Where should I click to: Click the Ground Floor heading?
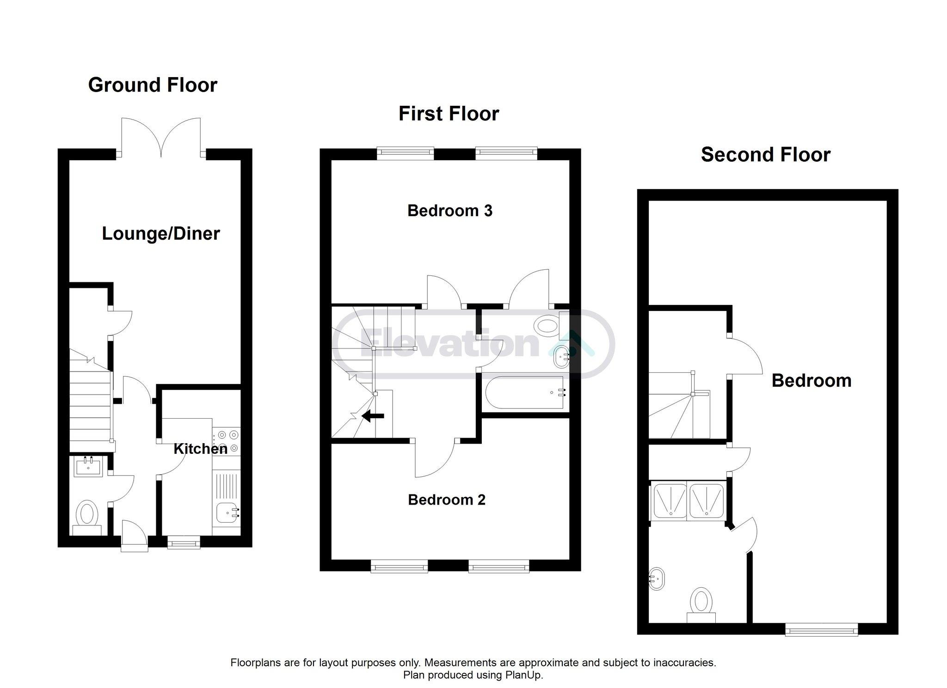point(153,85)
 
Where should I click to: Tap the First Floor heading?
point(449,114)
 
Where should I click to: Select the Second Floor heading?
point(766,154)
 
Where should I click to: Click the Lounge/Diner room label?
point(161,234)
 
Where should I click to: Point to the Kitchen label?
point(200,449)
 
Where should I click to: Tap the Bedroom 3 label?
point(450,211)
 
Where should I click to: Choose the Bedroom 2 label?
point(447,499)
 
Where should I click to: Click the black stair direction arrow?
point(373,416)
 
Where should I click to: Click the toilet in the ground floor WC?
point(88,517)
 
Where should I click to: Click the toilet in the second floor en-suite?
point(701,605)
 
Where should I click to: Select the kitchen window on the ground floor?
point(184,542)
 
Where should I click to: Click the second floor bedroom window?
point(822,629)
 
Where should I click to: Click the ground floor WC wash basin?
point(87,467)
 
